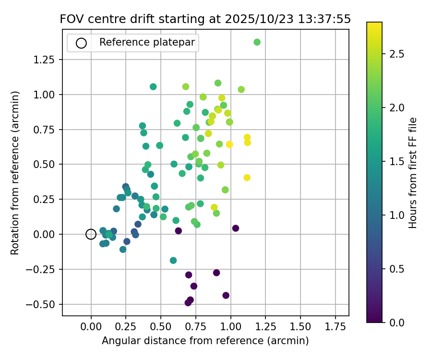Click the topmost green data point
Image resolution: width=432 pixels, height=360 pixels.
coord(257,42)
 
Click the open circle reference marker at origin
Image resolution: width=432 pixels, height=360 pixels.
coord(91,234)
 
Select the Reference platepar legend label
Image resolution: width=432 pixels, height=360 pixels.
coord(147,42)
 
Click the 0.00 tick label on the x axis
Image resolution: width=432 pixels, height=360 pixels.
coord(91,327)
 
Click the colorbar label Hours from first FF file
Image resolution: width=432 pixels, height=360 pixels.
coord(413,173)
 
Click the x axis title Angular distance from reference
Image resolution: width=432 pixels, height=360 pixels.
coord(205,341)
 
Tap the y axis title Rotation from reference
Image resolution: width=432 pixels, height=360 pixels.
coord(15,173)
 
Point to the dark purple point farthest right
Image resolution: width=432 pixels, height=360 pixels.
coord(236,228)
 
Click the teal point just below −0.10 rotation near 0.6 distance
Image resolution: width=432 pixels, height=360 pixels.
coord(173,261)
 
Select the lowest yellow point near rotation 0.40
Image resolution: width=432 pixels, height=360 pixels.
coord(247,178)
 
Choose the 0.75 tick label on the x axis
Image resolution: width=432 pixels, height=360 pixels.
coord(196,327)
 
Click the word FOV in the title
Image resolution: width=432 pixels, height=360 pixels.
coord(71,19)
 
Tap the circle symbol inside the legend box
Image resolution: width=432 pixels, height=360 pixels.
coord(81,43)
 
